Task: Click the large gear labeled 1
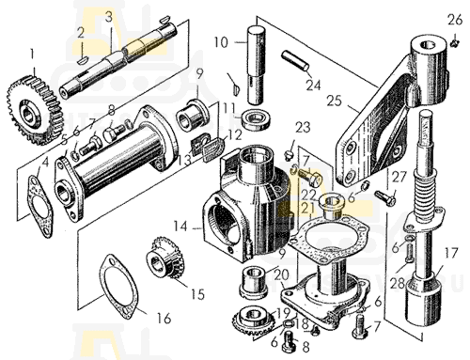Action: pos(34,109)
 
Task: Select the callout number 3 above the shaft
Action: pos(108,18)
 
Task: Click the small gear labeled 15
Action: pos(164,258)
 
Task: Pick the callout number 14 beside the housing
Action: pos(180,227)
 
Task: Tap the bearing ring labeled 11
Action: pos(257,119)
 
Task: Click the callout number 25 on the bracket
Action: pos(334,101)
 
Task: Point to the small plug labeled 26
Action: pos(454,42)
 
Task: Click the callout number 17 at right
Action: pos(451,253)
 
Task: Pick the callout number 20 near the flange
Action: pos(281,275)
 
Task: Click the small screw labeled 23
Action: pos(289,155)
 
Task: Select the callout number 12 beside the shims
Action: pos(236,135)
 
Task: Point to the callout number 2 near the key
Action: pos(81,33)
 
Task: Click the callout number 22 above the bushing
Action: pos(309,195)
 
